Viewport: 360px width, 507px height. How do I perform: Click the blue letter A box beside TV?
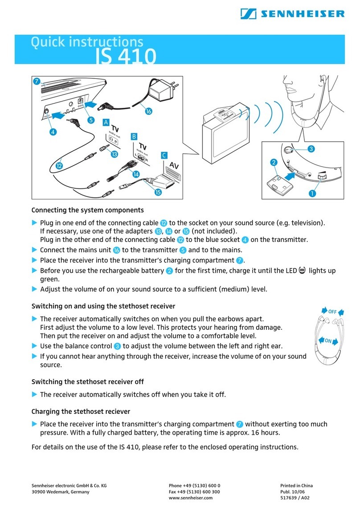(106, 122)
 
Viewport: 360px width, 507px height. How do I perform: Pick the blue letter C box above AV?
(164, 155)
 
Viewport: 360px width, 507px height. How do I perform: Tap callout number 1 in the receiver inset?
(312, 193)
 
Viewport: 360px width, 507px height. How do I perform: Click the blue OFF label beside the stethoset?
(332, 312)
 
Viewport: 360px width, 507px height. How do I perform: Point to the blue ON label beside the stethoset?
(328, 341)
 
